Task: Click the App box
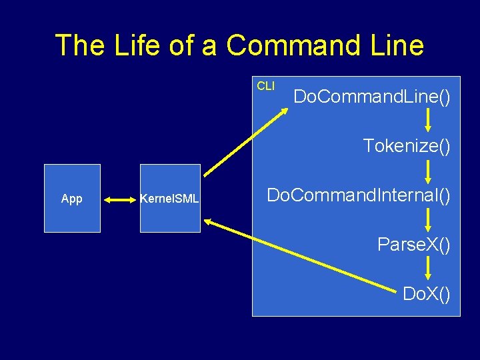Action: click(x=72, y=198)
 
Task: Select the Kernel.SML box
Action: click(x=169, y=198)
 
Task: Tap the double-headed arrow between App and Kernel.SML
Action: click(x=120, y=199)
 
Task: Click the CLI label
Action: click(x=265, y=86)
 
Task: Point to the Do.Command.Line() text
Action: click(x=372, y=97)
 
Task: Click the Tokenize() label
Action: click(x=407, y=145)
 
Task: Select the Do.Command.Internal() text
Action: click(x=359, y=195)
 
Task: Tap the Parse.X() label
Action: click(x=414, y=244)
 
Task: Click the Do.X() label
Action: click(x=427, y=293)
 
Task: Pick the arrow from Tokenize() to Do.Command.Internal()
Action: click(x=429, y=170)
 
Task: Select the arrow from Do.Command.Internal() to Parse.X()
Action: click(x=429, y=219)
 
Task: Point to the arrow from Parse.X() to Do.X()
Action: click(x=429, y=269)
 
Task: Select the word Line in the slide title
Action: click(x=393, y=45)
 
